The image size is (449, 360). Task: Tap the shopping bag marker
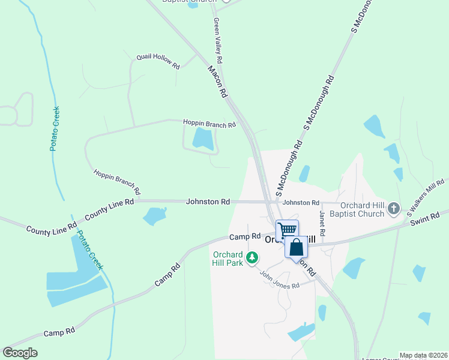click(x=296, y=247)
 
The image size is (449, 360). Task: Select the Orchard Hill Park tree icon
click(x=253, y=258)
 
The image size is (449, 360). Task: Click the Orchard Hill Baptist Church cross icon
click(x=393, y=209)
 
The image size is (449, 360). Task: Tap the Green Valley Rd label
click(x=218, y=41)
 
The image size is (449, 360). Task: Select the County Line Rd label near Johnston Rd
click(x=109, y=209)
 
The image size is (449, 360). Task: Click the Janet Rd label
click(x=322, y=223)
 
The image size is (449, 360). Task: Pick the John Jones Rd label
click(x=279, y=280)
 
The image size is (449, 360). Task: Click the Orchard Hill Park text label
click(x=228, y=257)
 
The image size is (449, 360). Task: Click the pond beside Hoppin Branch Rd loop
click(x=202, y=139)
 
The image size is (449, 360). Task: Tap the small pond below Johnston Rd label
click(x=155, y=215)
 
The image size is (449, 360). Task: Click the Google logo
click(x=20, y=353)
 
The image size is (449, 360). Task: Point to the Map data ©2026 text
click(x=423, y=355)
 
